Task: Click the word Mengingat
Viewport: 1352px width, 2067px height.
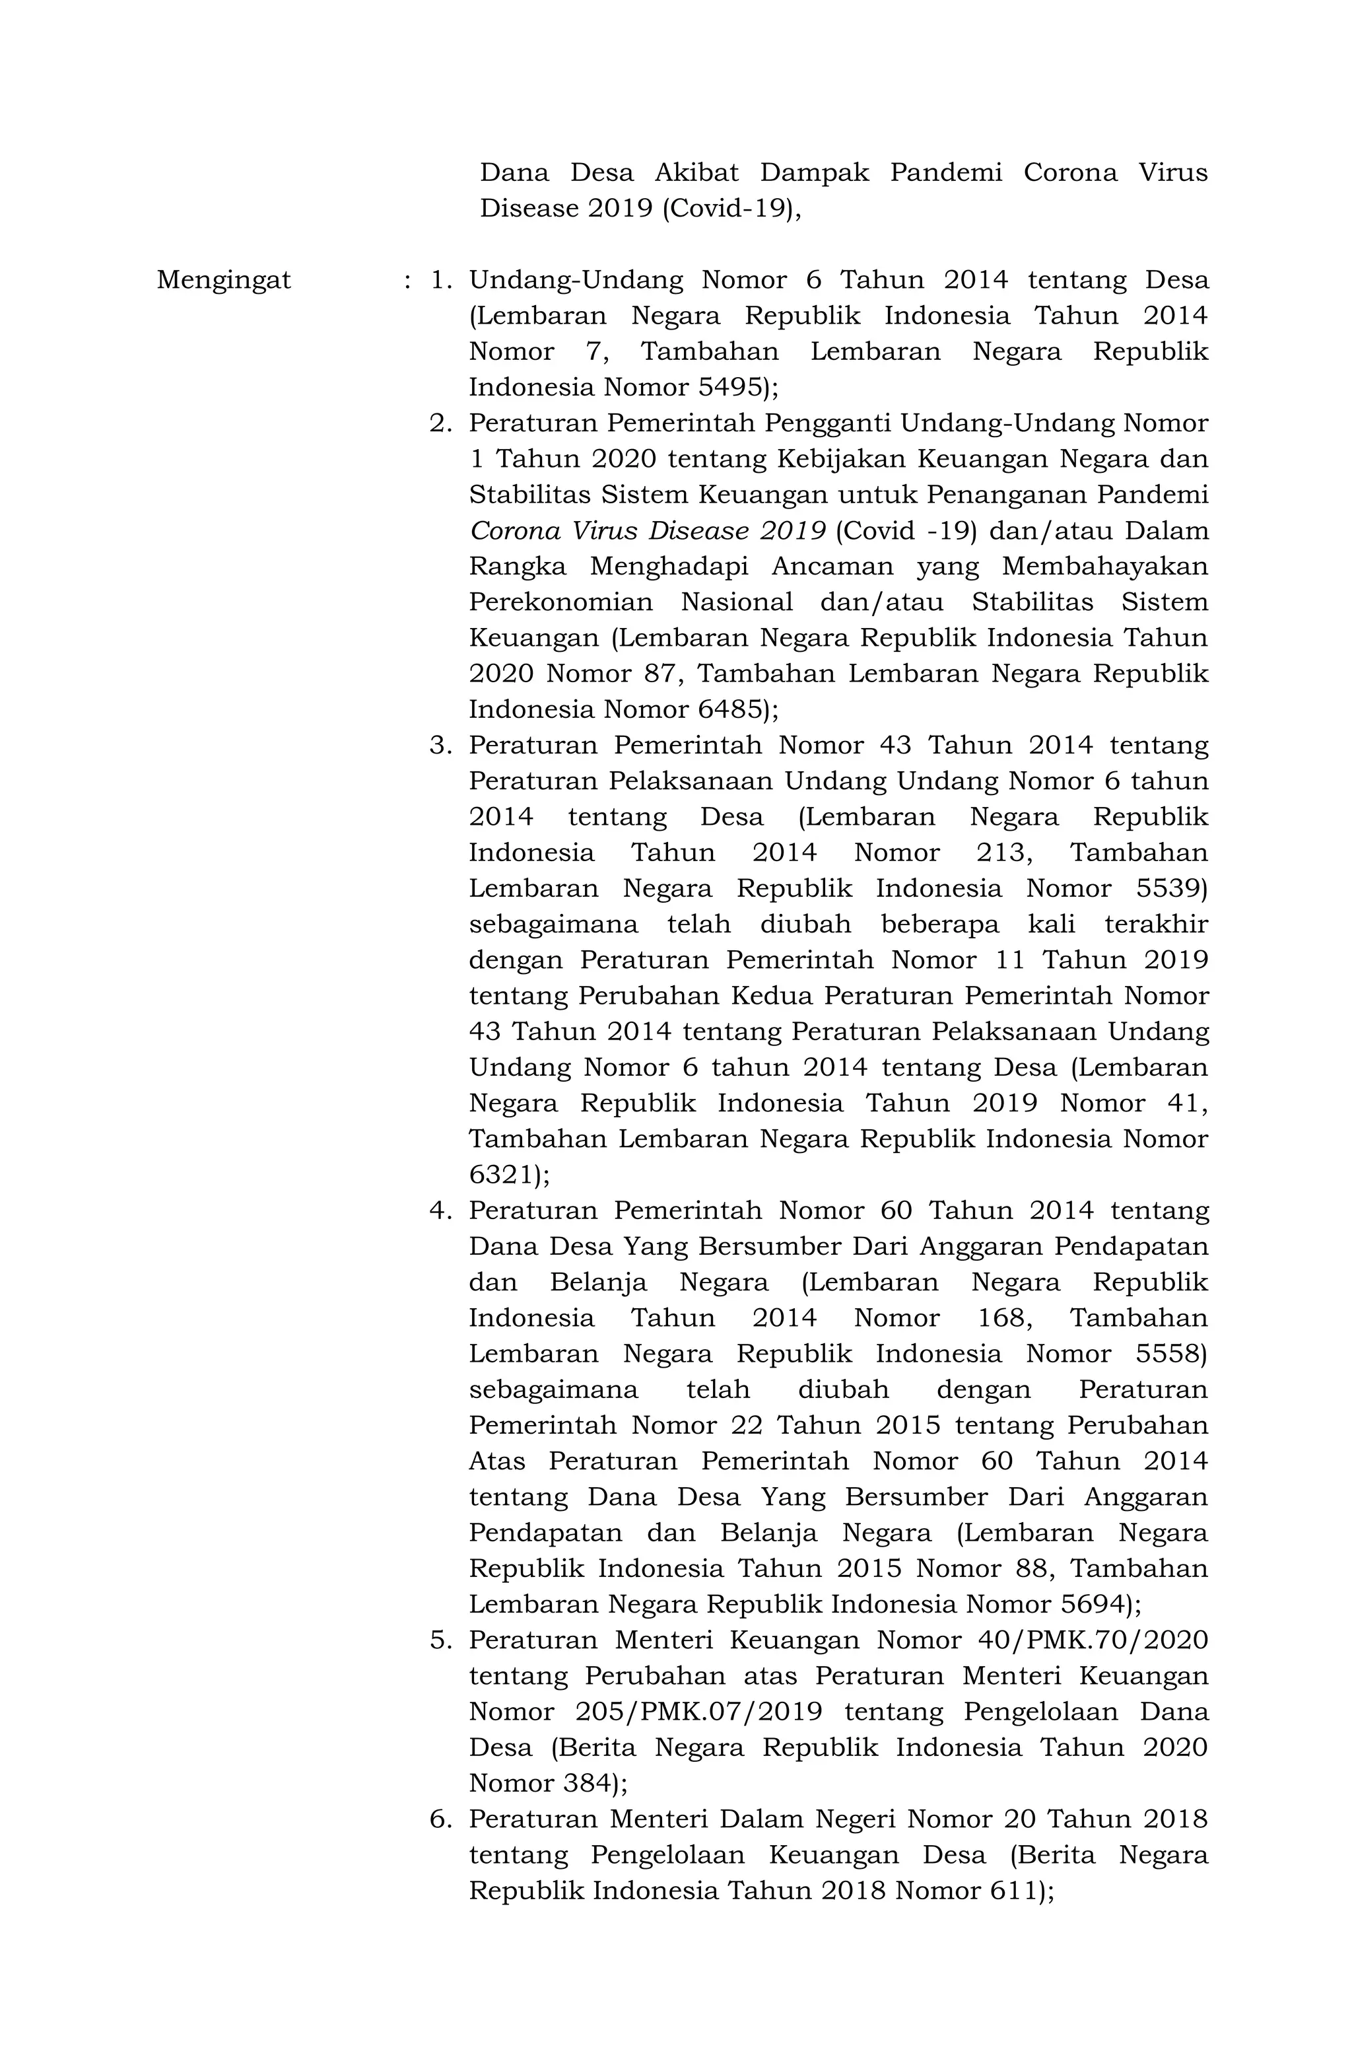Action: (x=223, y=281)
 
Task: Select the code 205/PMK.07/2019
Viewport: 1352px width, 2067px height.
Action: (x=698, y=1712)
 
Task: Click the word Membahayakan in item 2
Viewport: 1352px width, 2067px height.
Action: (x=1104, y=566)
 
